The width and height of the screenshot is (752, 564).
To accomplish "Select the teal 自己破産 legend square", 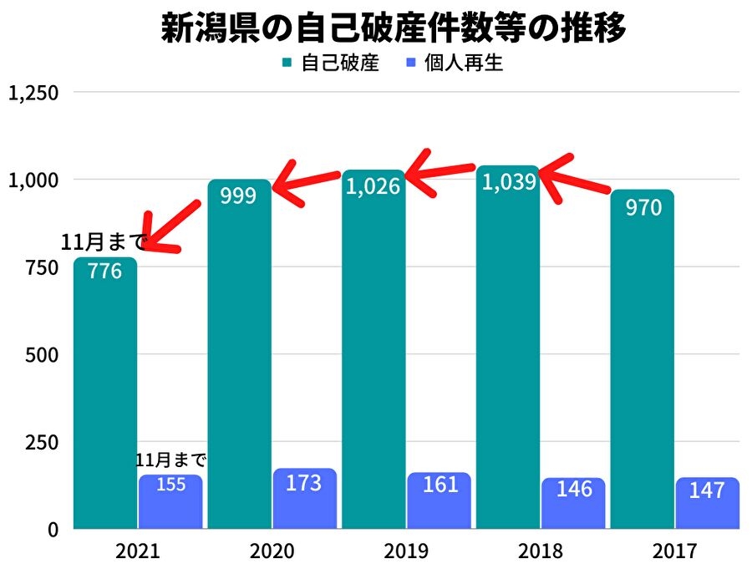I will pos(287,63).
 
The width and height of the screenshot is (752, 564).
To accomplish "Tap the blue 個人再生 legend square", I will pos(411,63).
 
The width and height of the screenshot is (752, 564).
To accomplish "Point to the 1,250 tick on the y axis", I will pos(33,93).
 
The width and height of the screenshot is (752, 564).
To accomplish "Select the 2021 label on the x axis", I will pos(138,551).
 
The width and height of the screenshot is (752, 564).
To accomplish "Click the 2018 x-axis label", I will pos(540,551).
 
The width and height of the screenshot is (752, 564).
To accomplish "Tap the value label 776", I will pos(105,272).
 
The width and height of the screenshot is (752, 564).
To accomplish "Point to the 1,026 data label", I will pos(373,185).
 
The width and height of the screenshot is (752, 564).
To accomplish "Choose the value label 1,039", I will pos(508,181).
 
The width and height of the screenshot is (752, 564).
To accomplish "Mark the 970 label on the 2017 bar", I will pos(643,206).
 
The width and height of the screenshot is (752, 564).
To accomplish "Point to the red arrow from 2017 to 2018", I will pos(577,177).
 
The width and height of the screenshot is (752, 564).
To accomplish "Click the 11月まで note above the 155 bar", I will pos(170,460).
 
